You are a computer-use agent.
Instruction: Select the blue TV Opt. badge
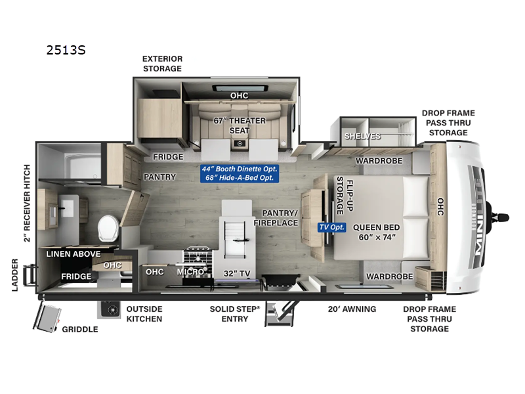[x=331, y=227]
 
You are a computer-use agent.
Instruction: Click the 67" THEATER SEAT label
[x=239, y=125]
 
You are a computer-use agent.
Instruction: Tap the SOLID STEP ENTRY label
[x=234, y=314]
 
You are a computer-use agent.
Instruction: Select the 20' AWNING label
[x=352, y=309]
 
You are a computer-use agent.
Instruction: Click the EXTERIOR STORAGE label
[x=162, y=63]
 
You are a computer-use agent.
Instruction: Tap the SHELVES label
[x=362, y=136]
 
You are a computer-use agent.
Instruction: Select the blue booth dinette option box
[x=240, y=173]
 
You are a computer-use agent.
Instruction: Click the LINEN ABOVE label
[x=72, y=253]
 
